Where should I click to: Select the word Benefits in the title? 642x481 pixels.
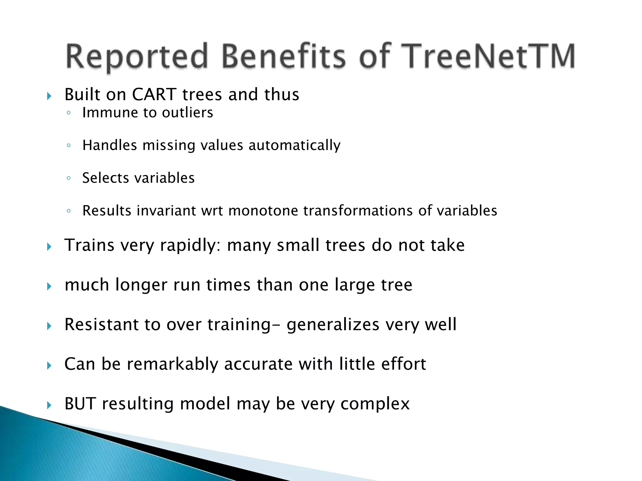(284, 56)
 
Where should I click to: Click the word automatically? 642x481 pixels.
(294, 146)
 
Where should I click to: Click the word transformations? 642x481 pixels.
(358, 211)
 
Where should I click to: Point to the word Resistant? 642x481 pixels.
(101, 324)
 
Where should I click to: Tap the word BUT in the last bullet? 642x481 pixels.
(80, 404)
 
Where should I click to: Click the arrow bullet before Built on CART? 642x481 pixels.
(49, 96)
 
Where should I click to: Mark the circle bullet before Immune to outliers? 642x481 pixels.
(69, 113)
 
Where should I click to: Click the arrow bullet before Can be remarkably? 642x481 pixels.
(49, 365)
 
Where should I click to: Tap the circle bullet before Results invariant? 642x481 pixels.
(69, 211)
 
